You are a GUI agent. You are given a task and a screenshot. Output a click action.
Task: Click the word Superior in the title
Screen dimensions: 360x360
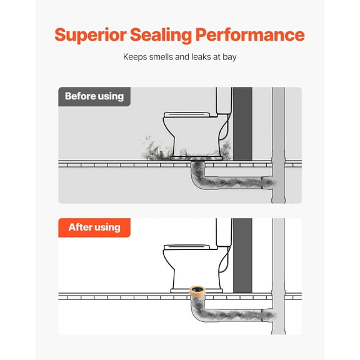[91, 35]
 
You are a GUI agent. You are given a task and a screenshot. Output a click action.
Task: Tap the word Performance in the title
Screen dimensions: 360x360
[250, 35]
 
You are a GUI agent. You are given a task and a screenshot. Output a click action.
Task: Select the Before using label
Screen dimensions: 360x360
[94, 97]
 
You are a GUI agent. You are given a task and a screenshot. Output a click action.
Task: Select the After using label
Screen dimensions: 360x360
[94, 227]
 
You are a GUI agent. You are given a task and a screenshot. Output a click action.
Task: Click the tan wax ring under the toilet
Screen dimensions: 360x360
[197, 291]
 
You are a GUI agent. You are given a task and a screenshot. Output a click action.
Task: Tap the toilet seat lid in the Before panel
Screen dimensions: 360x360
[187, 114]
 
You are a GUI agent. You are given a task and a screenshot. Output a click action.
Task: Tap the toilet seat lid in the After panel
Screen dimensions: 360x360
[187, 247]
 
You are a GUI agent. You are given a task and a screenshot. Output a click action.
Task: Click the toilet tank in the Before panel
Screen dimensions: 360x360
[224, 101]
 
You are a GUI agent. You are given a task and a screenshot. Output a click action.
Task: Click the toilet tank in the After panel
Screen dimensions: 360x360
[224, 232]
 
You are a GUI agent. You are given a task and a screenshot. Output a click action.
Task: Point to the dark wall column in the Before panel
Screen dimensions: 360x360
[242, 124]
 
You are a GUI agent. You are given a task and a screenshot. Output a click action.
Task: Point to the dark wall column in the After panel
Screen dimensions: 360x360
[242, 256]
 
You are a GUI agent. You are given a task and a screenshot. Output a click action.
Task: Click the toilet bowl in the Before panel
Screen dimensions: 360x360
[195, 137]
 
